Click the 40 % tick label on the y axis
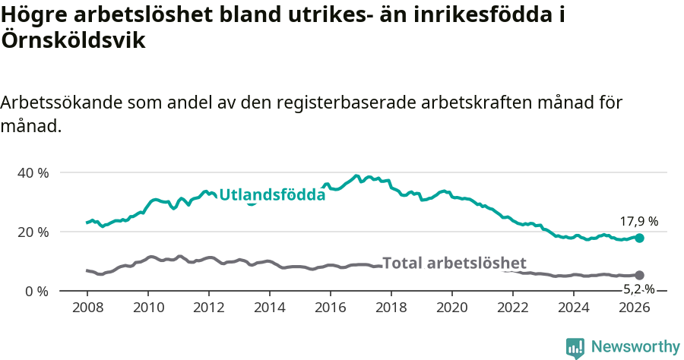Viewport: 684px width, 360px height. pyautogui.click(x=33, y=173)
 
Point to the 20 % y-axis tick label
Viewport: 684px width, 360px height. pyautogui.click(x=33, y=232)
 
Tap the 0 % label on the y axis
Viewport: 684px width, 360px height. pyautogui.click(x=36, y=292)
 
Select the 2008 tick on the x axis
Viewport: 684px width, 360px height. pyautogui.click(x=87, y=308)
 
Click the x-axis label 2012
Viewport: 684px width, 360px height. pyautogui.click(x=209, y=308)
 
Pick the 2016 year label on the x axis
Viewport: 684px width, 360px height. pyautogui.click(x=331, y=308)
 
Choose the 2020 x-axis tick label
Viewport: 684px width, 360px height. pyautogui.click(x=452, y=308)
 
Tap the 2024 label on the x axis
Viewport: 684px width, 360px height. pyautogui.click(x=574, y=308)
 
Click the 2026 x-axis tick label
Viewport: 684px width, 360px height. pyautogui.click(x=635, y=308)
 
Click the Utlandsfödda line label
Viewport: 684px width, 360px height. pyautogui.click(x=272, y=195)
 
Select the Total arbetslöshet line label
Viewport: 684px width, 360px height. pyautogui.click(x=454, y=264)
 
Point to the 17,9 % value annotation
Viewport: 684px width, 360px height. pyautogui.click(x=638, y=222)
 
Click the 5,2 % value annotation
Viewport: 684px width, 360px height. pyautogui.click(x=638, y=289)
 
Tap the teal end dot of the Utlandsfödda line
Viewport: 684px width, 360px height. pyautogui.click(x=639, y=238)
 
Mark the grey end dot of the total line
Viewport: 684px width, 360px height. pyautogui.click(x=639, y=275)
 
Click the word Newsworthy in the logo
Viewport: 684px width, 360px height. pyautogui.click(x=635, y=347)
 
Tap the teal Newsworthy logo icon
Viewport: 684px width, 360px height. pyautogui.click(x=575, y=348)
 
